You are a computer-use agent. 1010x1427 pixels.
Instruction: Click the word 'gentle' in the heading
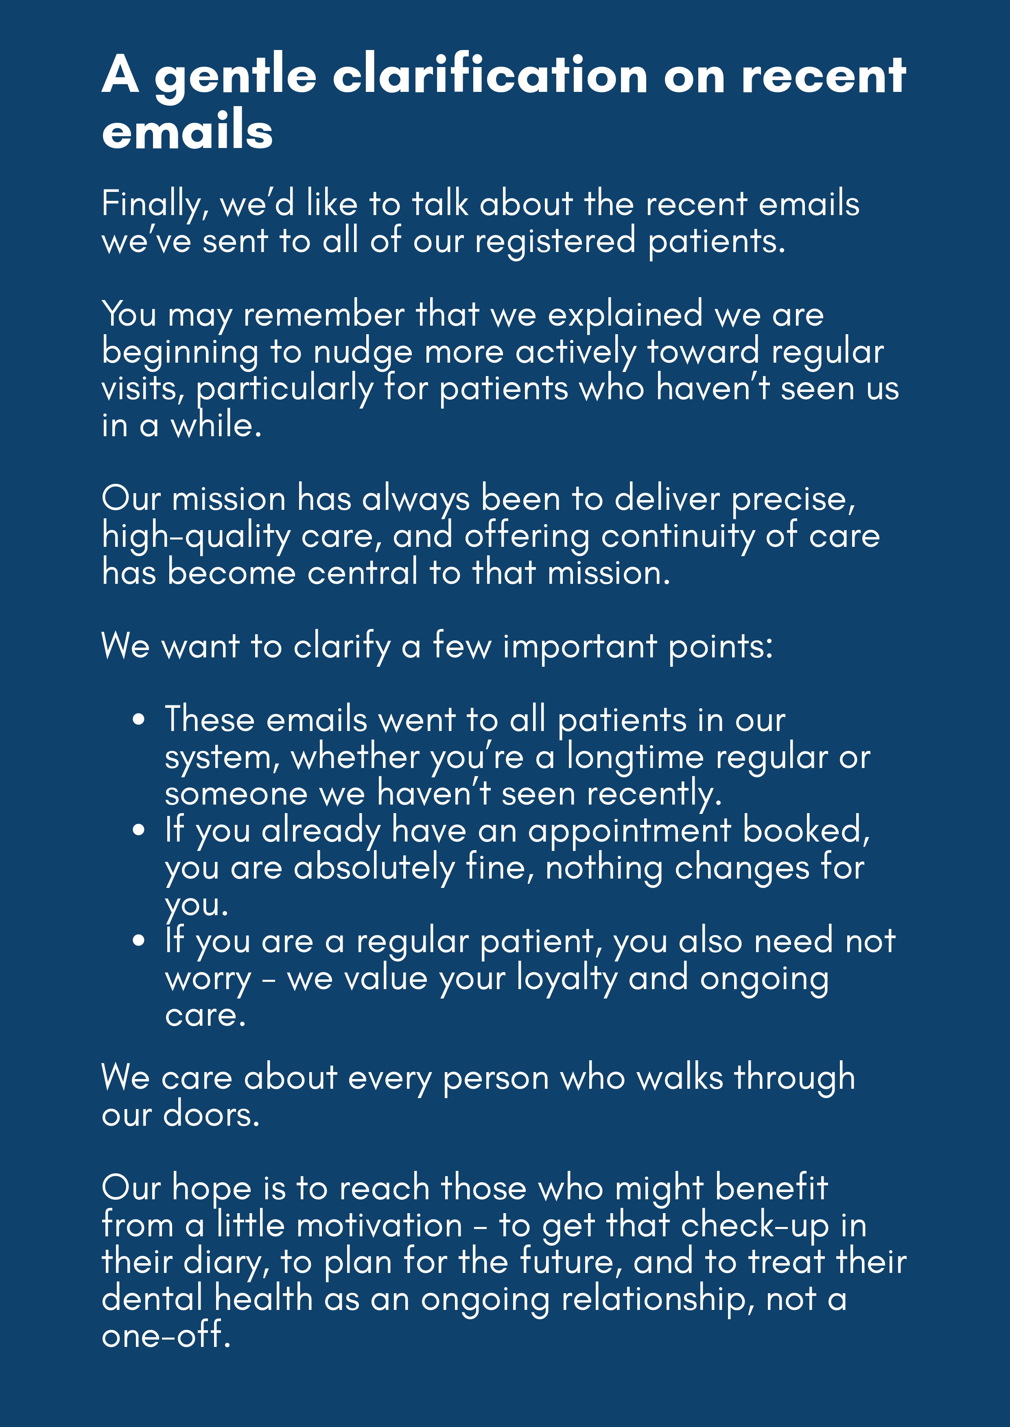(235, 76)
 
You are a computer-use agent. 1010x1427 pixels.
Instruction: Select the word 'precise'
(792, 499)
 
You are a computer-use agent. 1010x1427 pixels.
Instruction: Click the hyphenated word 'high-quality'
(195, 536)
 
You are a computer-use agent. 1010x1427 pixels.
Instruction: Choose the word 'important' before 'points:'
(579, 646)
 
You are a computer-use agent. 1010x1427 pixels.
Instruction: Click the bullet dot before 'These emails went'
(139, 720)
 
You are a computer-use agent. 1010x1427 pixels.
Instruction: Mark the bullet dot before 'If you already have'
(139, 830)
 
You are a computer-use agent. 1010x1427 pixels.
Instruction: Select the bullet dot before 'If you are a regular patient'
(139, 941)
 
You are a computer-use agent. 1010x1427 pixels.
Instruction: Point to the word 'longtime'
(635, 757)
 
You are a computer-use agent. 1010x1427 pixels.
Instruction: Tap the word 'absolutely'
(374, 868)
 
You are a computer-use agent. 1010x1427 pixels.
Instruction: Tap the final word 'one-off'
(166, 1335)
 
